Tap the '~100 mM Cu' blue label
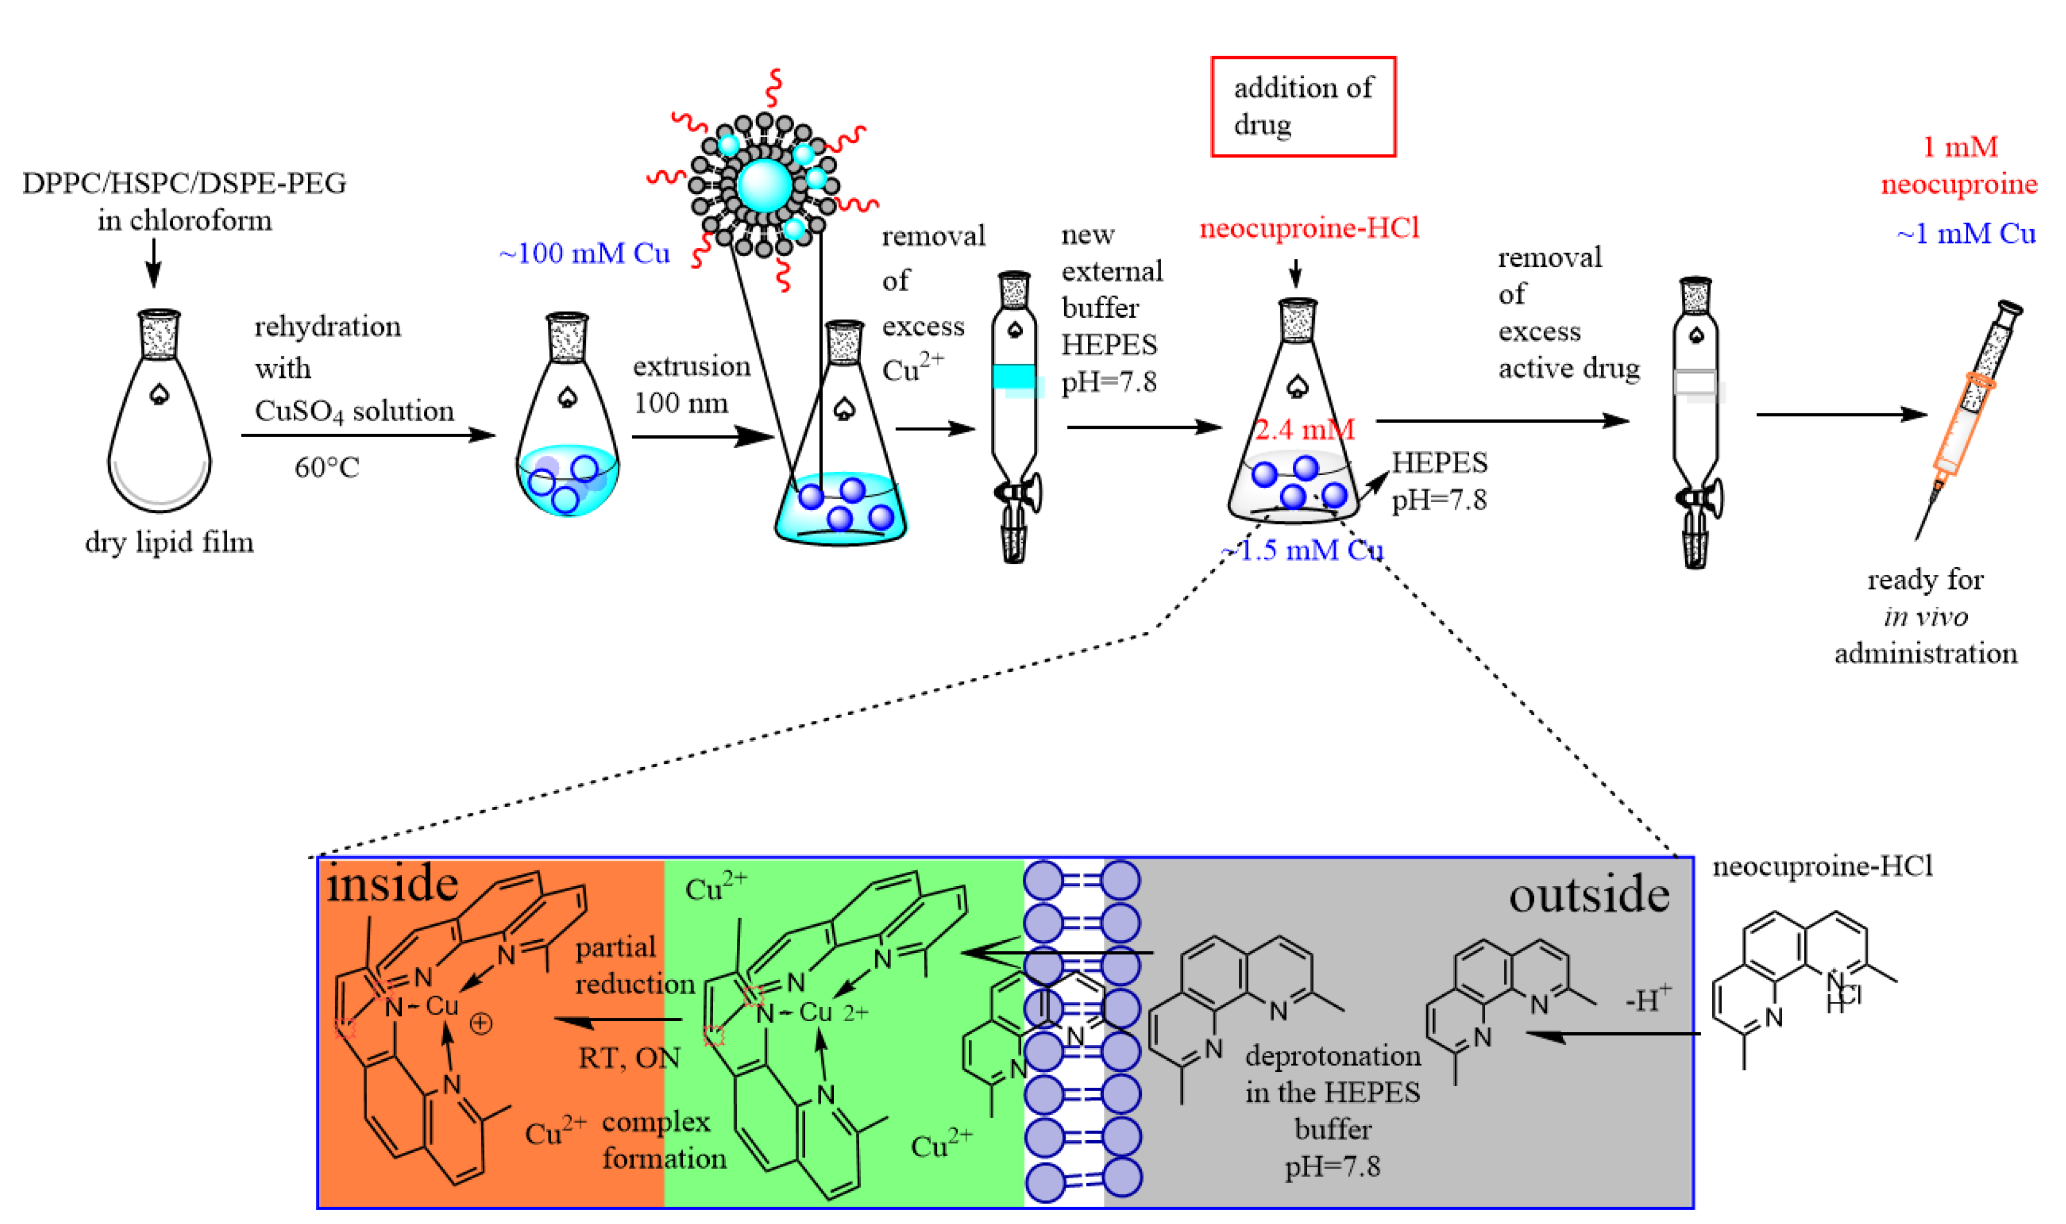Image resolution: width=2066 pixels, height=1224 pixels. pyautogui.click(x=584, y=253)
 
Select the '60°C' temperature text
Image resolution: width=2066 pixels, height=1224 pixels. pyautogui.click(x=327, y=468)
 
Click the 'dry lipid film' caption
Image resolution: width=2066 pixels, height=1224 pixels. pyautogui.click(x=169, y=542)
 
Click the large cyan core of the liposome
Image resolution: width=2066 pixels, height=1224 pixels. pyautogui.click(x=764, y=185)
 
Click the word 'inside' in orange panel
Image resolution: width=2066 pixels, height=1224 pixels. pyautogui.click(x=392, y=885)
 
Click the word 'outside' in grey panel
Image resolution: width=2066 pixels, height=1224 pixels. pyautogui.click(x=1588, y=896)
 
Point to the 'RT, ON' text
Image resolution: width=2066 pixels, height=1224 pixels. pyautogui.click(x=629, y=1058)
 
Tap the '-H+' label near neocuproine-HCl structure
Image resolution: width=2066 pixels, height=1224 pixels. pyautogui.click(x=1648, y=1000)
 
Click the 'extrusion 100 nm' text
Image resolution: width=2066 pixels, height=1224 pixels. pyautogui.click(x=691, y=384)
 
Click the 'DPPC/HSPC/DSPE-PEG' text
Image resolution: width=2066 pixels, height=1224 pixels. pyautogui.click(x=184, y=183)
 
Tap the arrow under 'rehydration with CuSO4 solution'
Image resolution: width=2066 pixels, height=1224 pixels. pyautogui.click(x=368, y=435)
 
